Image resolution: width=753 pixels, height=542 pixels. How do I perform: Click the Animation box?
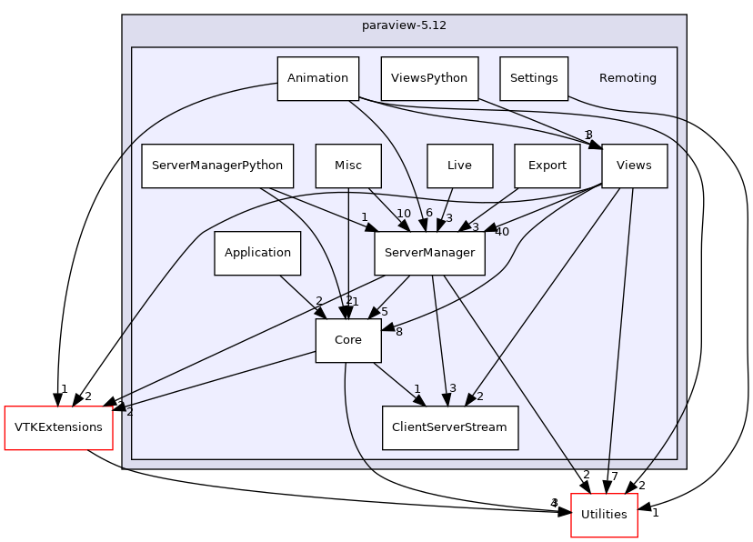tap(317, 78)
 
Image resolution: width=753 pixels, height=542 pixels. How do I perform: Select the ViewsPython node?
tap(429, 78)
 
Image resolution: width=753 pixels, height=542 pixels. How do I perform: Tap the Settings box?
tap(534, 78)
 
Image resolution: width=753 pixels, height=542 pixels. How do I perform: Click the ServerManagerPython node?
tap(217, 166)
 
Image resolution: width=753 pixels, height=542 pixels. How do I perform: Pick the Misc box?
tap(348, 166)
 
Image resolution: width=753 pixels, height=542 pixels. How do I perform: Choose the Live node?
tap(459, 166)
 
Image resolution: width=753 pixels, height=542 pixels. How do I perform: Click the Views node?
tap(634, 166)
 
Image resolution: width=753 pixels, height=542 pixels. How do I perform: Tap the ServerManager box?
tap(429, 253)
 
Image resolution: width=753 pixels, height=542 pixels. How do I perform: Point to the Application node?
tap(257, 253)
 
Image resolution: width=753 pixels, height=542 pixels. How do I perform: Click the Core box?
tap(348, 340)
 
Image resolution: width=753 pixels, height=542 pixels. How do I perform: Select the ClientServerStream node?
tap(450, 427)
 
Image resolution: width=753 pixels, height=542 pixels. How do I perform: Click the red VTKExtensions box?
tap(58, 427)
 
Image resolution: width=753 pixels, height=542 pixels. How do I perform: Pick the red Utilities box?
tap(604, 515)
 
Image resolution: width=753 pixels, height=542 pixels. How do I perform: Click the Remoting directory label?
tap(627, 78)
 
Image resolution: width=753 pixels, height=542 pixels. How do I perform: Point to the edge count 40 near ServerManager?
tap(501, 231)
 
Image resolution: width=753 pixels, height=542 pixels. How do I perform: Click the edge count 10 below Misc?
tap(403, 213)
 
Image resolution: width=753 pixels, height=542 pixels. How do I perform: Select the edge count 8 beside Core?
tap(398, 331)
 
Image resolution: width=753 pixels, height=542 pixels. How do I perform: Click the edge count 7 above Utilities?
tap(615, 477)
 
